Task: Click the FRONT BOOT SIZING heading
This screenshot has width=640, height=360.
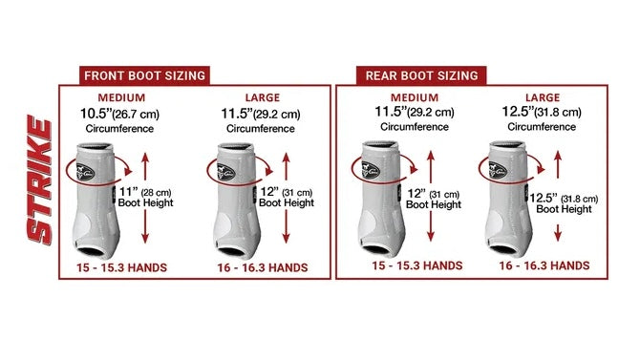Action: point(144,76)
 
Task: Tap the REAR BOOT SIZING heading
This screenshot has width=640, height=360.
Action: point(421,76)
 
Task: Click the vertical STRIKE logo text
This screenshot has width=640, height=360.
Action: point(40,180)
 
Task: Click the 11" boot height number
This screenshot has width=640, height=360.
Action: point(129,191)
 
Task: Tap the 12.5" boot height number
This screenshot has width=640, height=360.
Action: point(544,198)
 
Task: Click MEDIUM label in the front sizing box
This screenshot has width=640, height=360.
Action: point(121,98)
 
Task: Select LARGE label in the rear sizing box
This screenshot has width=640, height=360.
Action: point(543,98)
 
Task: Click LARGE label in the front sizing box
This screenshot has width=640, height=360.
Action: point(263,98)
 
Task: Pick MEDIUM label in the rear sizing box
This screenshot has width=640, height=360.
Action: point(415,98)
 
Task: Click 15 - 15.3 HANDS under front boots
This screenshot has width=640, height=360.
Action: point(121,267)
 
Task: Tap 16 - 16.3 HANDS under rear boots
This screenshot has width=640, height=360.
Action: point(544,265)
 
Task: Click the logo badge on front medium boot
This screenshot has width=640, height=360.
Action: point(85,172)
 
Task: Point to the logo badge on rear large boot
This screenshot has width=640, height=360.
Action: point(498,170)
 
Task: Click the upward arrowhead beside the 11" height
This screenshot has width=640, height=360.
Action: point(145,158)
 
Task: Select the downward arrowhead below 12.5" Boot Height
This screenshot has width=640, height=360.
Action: point(558,236)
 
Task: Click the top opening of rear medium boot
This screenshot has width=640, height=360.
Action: point(380,145)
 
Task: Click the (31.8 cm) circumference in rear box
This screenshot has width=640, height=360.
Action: point(559,113)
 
